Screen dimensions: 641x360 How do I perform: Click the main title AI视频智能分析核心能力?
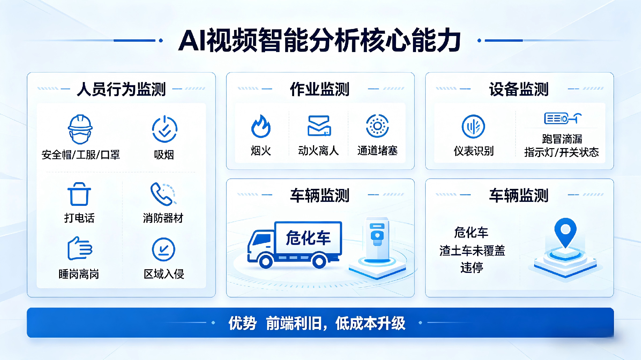319,40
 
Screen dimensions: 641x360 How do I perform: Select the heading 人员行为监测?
121,89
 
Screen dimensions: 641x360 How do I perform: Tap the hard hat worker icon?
80,129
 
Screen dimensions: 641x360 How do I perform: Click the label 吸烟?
164,155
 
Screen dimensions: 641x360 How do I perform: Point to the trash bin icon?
79,194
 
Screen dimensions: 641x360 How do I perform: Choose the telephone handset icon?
163,194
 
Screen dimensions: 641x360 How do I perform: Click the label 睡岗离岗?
79,274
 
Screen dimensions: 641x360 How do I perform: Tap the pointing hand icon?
80,248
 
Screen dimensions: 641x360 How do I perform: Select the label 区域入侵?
164,274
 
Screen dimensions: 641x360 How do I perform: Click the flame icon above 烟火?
261,126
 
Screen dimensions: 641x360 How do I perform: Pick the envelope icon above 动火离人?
319,126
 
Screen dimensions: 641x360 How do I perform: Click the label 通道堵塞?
378,150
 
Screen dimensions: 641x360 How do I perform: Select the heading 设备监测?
519,89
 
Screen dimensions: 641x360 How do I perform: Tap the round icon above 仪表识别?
473,126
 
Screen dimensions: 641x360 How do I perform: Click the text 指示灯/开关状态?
562,152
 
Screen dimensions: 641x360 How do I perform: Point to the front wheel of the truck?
266,262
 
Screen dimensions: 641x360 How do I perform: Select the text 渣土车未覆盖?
472,250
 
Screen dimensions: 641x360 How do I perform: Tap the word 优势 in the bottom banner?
242,323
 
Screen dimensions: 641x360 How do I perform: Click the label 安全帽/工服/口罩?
80,155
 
